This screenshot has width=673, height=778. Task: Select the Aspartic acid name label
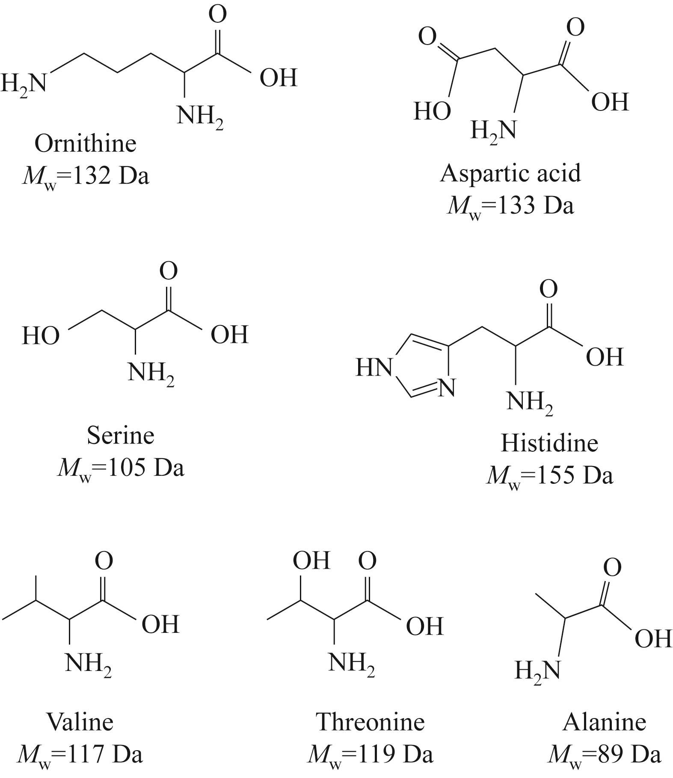pyautogui.click(x=511, y=174)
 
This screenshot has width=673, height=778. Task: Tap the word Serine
pyautogui.click(x=121, y=435)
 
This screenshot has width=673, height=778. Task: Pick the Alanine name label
pyautogui.click(x=604, y=721)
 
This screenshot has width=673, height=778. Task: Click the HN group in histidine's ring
pyautogui.click(x=374, y=367)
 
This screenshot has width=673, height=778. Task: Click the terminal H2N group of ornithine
pyautogui.click(x=23, y=83)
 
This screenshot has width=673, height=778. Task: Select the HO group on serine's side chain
pyautogui.click(x=41, y=335)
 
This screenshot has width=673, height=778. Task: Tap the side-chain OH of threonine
pyautogui.click(x=311, y=560)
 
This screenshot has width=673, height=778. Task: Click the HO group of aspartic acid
pyautogui.click(x=432, y=111)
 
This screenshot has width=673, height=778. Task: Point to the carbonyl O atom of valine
pyautogui.click(x=104, y=560)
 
